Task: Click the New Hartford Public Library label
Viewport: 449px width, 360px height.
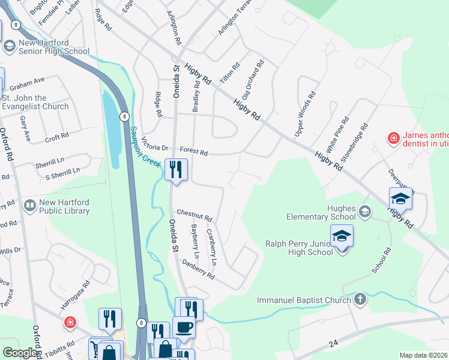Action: coord(64,206)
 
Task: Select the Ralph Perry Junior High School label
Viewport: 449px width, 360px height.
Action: coord(299,248)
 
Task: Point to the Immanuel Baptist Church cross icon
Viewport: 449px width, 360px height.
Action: coord(360,299)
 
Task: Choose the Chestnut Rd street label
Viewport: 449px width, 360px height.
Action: coord(194,215)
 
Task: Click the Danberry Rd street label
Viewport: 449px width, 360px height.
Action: coord(198,269)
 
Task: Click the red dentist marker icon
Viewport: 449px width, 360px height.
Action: coord(393,139)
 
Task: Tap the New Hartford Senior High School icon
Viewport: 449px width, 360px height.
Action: coord(10,46)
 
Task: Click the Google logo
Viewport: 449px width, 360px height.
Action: coord(20,353)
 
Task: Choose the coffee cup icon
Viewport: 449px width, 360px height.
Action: coord(184,328)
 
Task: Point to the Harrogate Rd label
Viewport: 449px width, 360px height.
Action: coord(75,295)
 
